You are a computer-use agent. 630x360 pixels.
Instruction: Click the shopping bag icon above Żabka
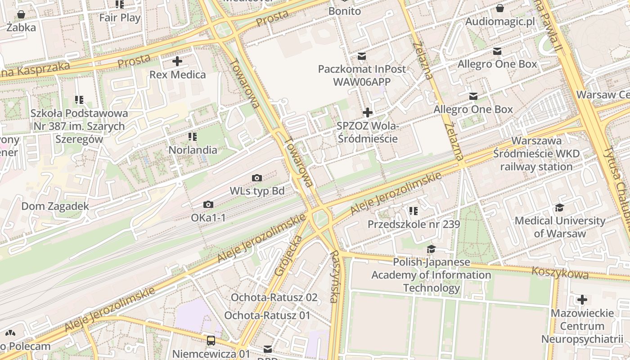tap(21, 14)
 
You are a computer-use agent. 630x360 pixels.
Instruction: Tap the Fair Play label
tap(120, 18)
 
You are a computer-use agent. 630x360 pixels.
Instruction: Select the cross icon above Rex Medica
tap(177, 61)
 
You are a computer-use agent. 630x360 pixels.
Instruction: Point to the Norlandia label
tap(193, 150)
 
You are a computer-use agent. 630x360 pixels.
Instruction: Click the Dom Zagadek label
tap(55, 206)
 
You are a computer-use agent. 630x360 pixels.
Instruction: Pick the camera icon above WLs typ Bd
tap(257, 178)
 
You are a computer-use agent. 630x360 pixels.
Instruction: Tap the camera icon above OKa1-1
tap(208, 205)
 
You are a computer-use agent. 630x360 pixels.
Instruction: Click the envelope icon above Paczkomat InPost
tap(362, 56)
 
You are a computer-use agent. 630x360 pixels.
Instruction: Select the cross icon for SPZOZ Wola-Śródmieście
tap(368, 112)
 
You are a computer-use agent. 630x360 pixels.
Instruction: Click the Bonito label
tap(345, 11)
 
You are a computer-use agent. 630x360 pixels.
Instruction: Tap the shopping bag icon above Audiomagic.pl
tap(500, 8)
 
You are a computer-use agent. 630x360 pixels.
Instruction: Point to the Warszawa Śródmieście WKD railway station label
tap(536, 154)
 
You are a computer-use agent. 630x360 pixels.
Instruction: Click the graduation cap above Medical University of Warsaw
tap(559, 207)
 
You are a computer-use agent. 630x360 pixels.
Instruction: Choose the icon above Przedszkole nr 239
tap(414, 211)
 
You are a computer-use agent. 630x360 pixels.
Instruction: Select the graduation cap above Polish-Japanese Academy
tap(431, 249)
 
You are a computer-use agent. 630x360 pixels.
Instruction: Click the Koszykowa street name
tap(560, 272)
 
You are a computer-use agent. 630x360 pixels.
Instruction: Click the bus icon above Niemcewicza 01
tap(211, 341)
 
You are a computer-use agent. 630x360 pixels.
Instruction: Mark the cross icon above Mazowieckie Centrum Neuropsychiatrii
tap(582, 300)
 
